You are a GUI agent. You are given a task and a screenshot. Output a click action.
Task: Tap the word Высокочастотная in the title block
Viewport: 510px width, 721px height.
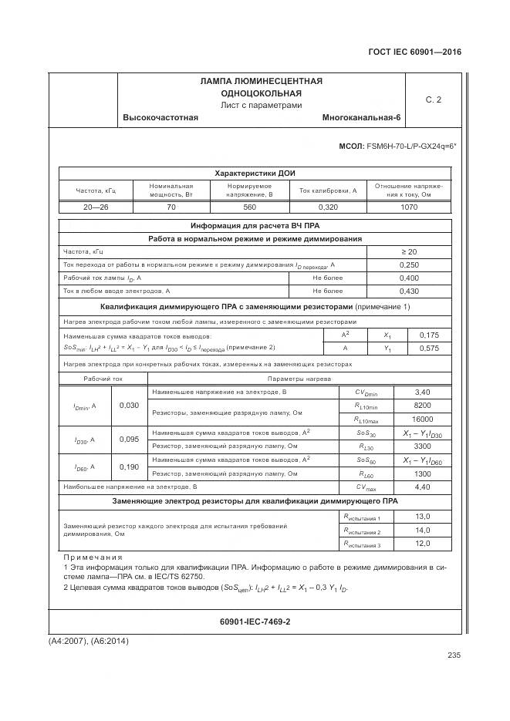[160, 117]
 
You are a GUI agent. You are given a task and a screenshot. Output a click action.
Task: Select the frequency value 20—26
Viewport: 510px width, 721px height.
[96, 207]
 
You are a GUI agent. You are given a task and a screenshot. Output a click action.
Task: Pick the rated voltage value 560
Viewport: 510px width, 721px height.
[249, 207]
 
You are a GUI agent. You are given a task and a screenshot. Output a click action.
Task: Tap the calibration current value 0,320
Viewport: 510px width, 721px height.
[328, 207]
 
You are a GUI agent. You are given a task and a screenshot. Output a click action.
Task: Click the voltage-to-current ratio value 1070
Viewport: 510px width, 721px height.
[408, 207]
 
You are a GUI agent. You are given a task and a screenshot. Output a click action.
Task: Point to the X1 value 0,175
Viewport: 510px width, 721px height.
[427, 335]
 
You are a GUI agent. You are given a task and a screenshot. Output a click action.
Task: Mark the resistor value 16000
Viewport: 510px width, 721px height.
[422, 419]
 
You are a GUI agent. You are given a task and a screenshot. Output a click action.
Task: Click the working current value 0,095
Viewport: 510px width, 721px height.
[130, 440]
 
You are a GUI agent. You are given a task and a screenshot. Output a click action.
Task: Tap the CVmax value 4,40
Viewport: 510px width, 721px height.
[422, 487]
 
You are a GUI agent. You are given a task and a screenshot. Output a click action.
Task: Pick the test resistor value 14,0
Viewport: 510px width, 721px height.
[422, 531]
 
